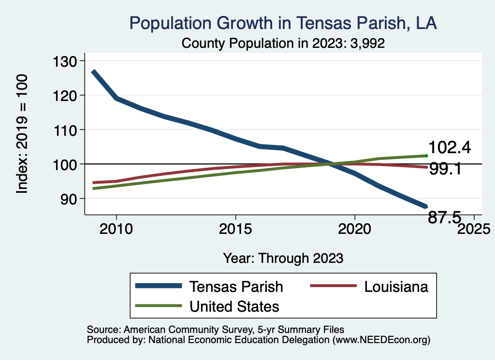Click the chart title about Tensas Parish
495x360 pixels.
tap(283, 24)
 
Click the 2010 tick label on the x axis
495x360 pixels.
tap(116, 229)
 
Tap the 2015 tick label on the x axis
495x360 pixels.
tap(235, 229)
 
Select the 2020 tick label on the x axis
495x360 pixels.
tap(355, 229)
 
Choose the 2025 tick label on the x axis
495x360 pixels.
tap(474, 229)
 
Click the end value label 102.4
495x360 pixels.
tap(450, 147)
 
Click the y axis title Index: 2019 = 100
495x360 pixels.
tap(22, 134)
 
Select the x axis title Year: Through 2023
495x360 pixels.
tap(283, 258)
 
